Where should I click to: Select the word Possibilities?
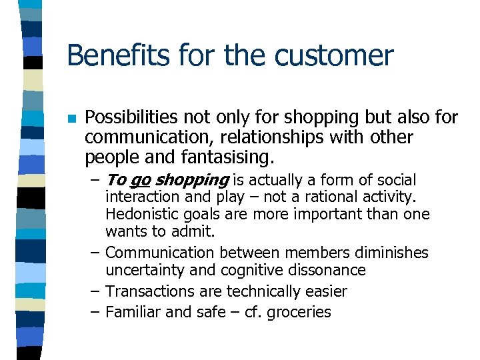[130, 118]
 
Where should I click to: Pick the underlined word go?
[139, 181]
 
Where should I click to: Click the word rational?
[342, 198]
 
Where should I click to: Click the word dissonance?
[328, 271]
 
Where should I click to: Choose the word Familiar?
[130, 312]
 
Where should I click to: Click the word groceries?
[300, 313]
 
